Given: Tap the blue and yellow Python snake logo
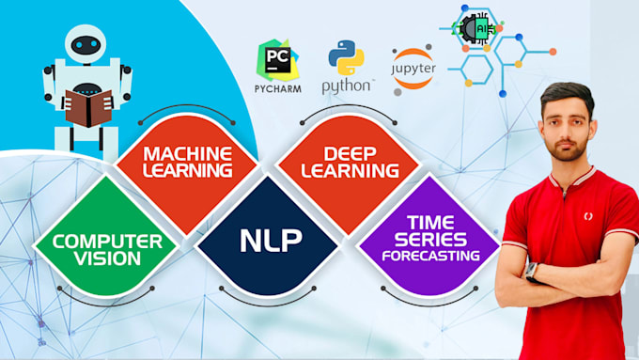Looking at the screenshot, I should click(346, 57).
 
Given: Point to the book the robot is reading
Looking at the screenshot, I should click(87, 106).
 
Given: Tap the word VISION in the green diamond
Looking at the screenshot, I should click(107, 257).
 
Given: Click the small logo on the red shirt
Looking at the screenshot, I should click(589, 216).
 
